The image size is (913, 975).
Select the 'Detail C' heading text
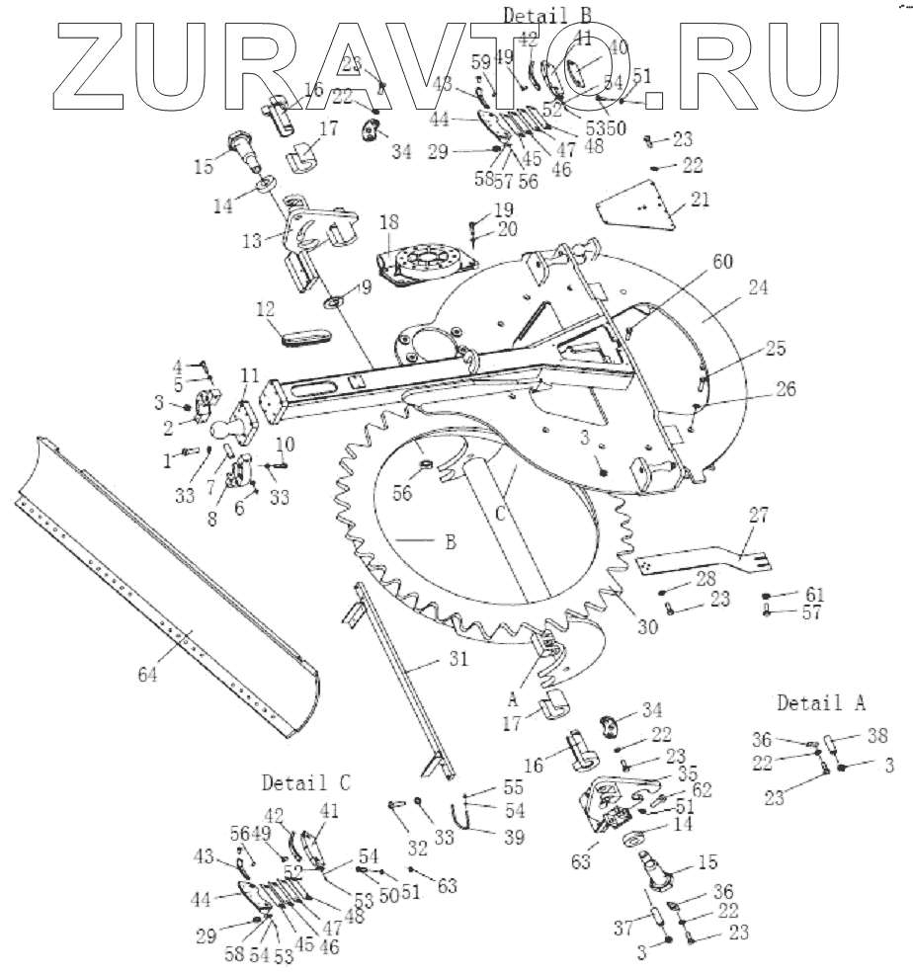[305, 782]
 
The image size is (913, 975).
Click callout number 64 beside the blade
[149, 674]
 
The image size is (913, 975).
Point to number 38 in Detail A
[851, 736]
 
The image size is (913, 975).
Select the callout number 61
[812, 594]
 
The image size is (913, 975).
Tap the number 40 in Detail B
[617, 46]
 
